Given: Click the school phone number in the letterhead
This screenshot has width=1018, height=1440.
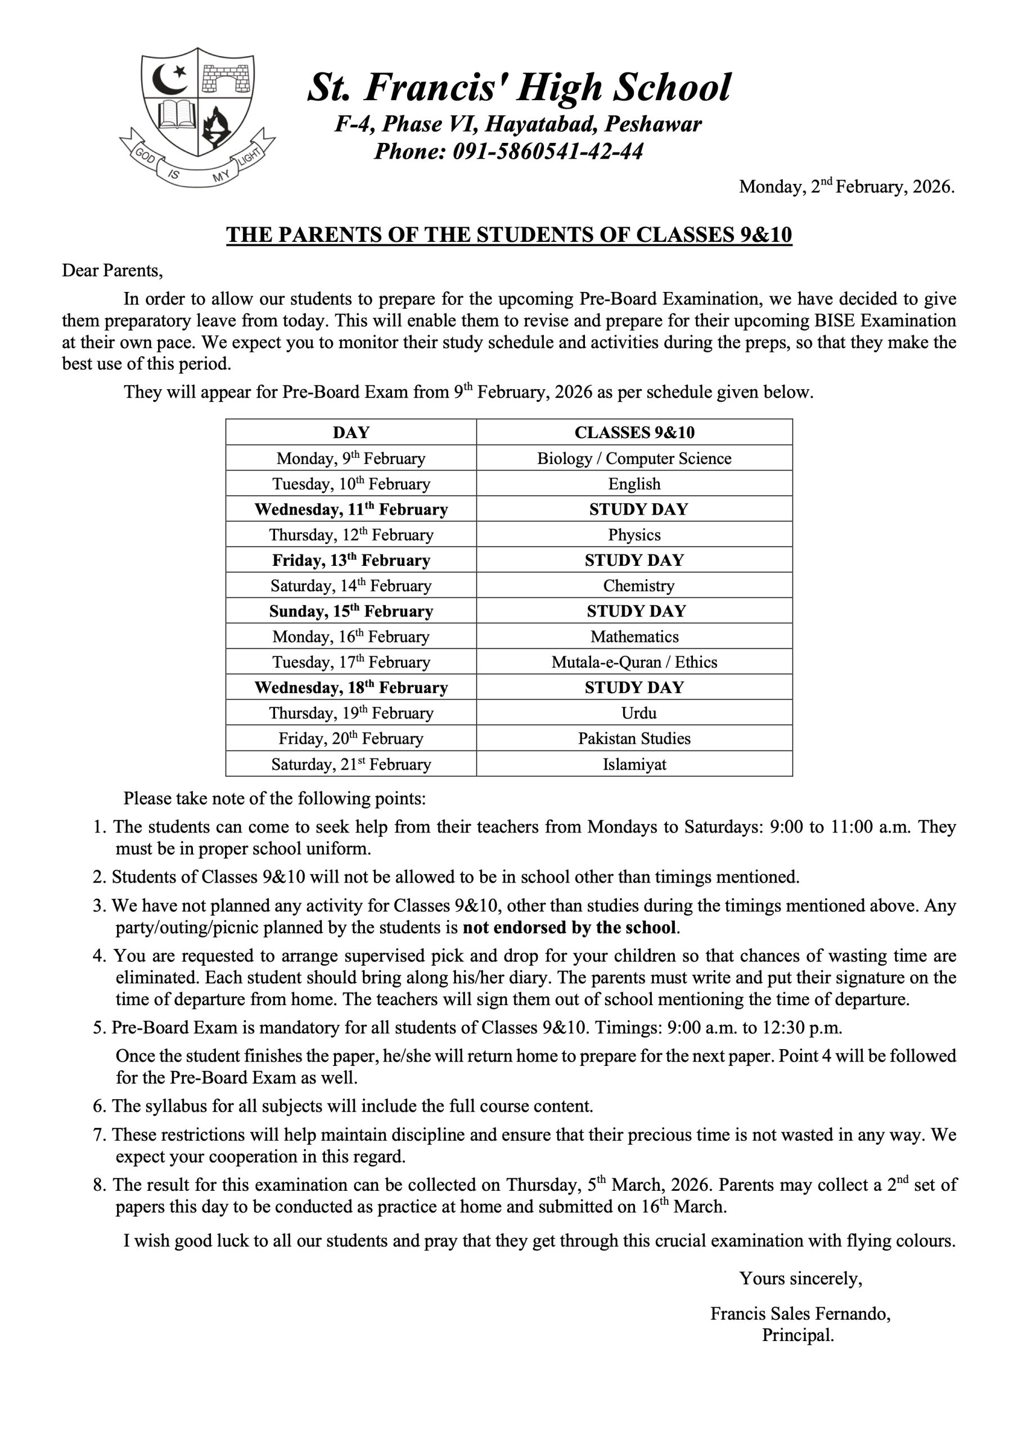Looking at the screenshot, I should tap(508, 151).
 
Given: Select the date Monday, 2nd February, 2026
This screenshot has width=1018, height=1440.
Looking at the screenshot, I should tap(846, 186).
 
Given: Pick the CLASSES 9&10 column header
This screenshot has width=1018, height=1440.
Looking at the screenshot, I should tap(634, 432).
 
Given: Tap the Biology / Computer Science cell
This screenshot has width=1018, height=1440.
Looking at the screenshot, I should tap(634, 458).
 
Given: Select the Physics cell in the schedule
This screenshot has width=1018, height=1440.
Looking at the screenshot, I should tap(634, 535).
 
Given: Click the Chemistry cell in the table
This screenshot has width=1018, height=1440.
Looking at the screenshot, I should tap(634, 586).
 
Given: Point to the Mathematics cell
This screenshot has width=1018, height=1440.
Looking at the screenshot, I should tap(634, 637).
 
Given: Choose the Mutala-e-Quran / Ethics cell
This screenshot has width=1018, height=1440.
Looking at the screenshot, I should tap(634, 662).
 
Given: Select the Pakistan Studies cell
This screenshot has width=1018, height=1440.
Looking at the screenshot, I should tap(634, 739).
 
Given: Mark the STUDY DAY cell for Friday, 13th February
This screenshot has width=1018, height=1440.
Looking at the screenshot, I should tap(634, 561).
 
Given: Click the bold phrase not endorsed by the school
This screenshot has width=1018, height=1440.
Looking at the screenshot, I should tap(570, 927).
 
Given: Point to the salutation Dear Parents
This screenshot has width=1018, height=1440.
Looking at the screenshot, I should tap(112, 271).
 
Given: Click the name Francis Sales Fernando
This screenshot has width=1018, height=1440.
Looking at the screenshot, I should tap(800, 1314).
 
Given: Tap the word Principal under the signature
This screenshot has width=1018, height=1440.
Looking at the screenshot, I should tap(798, 1335).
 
